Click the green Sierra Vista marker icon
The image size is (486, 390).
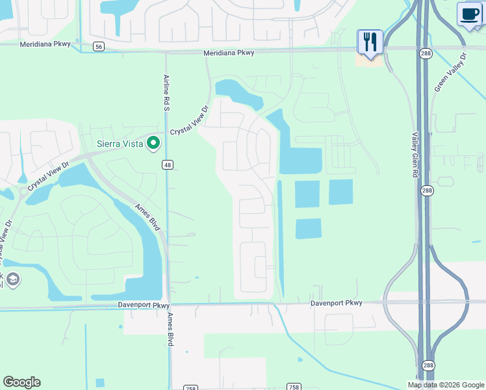[x=153, y=142]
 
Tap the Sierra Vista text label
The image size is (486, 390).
[x=121, y=143]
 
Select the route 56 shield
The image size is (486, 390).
[x=98, y=46]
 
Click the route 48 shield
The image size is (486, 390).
[x=167, y=165]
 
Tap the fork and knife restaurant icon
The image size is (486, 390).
[x=370, y=42]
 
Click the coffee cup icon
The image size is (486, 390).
[x=470, y=14]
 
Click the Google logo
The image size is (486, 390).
[x=21, y=382]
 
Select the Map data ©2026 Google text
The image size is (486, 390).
[x=446, y=385]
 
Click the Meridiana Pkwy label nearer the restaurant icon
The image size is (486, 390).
[x=228, y=53]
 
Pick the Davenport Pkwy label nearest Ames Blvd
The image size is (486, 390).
[x=144, y=304]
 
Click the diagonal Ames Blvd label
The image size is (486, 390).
[x=147, y=215]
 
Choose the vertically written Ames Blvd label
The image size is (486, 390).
[x=170, y=328]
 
